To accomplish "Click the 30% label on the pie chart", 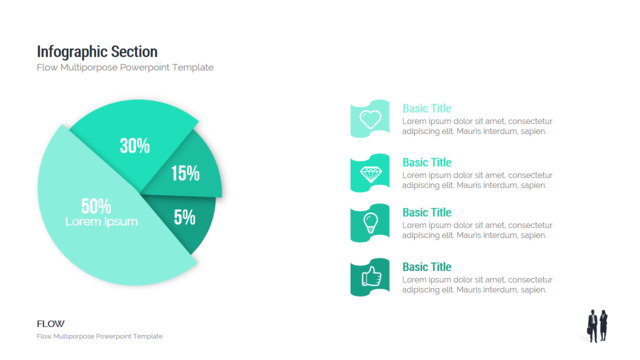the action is [135, 146].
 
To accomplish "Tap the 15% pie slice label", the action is [185, 173].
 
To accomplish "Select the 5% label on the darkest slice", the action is [184, 217].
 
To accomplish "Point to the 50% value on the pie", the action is [96, 206].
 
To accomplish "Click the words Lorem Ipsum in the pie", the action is [102, 222].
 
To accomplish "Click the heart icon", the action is [370, 119].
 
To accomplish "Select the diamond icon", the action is [371, 174].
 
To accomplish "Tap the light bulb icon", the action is [370, 223].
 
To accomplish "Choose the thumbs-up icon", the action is [371, 276].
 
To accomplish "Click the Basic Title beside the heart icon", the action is [427, 108].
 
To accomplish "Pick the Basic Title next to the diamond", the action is [427, 162].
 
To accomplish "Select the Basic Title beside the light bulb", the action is [427, 212].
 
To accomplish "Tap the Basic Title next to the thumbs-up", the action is [427, 267].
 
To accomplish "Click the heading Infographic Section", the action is [97, 52].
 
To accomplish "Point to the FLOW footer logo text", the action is [51, 324].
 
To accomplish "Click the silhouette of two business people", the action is [598, 326].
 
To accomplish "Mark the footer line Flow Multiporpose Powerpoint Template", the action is [100, 336].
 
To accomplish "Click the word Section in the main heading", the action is [134, 52].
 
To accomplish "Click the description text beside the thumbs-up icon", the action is [477, 285].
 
